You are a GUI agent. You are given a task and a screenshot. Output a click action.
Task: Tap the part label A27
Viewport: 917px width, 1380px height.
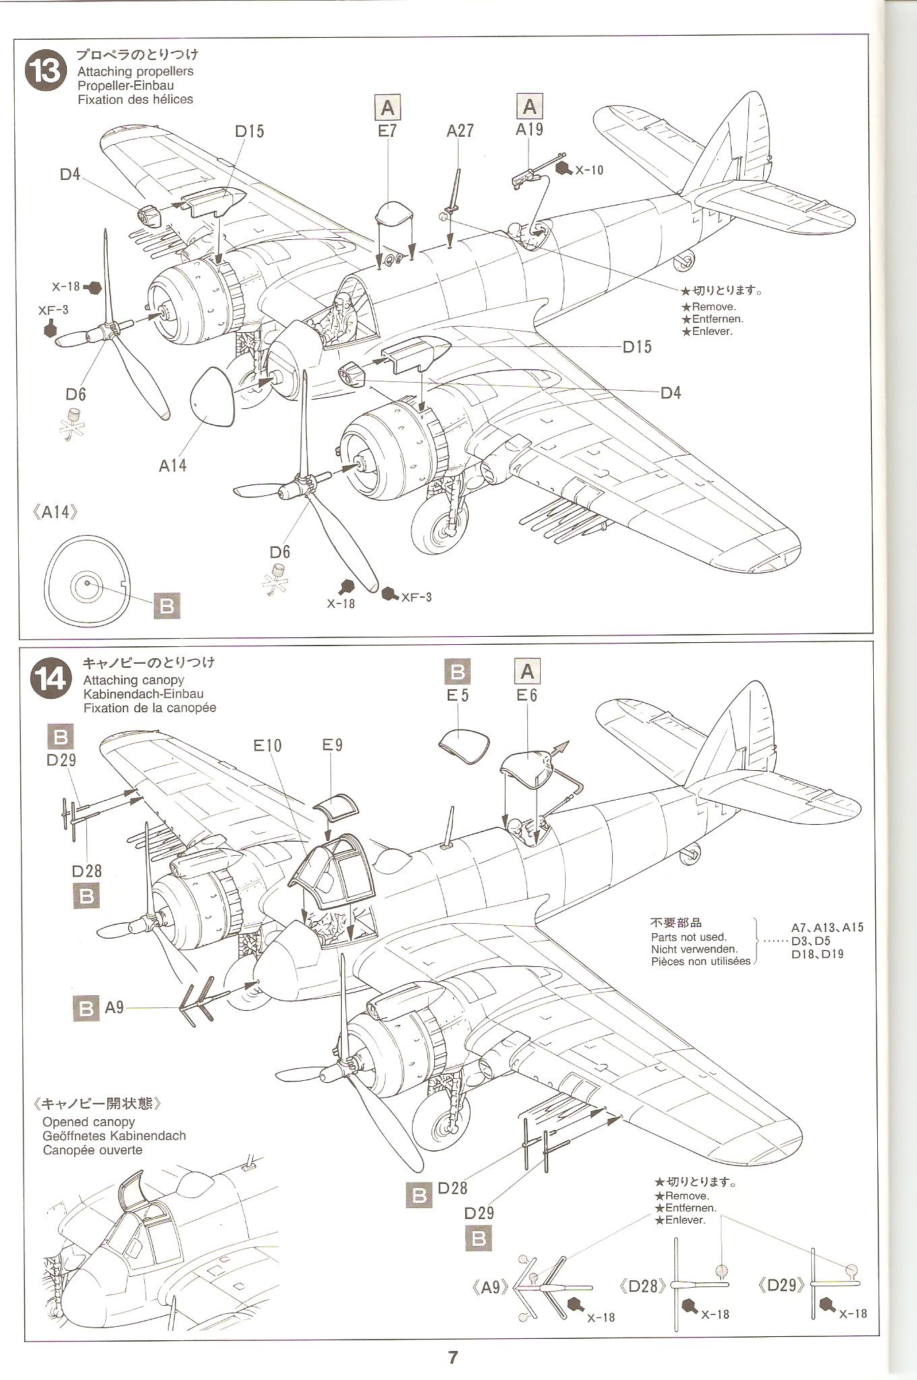coord(460,131)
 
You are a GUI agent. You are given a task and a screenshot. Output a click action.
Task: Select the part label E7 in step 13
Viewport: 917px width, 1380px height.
coord(387,131)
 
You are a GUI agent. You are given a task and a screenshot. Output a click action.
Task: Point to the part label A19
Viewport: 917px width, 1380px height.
coord(529,129)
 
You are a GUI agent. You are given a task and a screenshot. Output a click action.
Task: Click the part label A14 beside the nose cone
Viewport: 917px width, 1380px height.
coord(173,465)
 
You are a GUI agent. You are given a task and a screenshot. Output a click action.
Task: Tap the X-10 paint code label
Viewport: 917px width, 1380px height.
coord(589,170)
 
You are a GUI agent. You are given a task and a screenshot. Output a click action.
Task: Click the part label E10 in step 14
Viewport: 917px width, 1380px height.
coord(268,745)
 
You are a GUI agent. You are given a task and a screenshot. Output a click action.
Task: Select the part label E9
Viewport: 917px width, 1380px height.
coord(332,745)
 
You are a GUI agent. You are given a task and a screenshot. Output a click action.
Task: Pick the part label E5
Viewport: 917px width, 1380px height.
coord(457,695)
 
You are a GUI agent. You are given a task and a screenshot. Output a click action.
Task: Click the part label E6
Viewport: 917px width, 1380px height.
coord(527,695)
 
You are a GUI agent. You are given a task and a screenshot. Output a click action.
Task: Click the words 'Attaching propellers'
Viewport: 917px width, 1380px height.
coord(135,71)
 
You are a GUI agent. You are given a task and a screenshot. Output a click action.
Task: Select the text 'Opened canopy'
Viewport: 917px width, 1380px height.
coord(88,1122)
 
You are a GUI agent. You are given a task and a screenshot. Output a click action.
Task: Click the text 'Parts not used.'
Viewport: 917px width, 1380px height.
coord(688,937)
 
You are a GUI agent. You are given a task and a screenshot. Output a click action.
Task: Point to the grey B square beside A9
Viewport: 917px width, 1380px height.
coord(85,1008)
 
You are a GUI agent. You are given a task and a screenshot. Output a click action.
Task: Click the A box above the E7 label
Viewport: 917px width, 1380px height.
coord(387,108)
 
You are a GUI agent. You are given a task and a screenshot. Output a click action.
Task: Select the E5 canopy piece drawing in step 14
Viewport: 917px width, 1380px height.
coord(463,746)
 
